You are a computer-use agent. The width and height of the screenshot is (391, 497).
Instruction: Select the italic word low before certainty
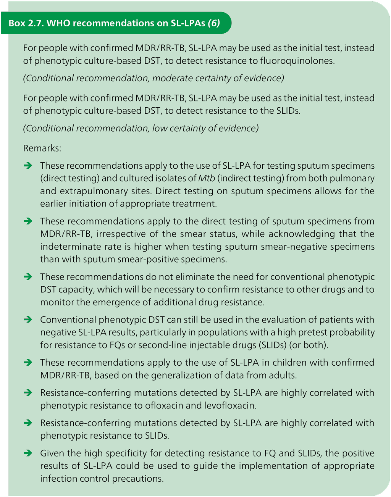(160, 128)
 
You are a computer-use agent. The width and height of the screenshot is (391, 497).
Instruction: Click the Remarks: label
(42, 148)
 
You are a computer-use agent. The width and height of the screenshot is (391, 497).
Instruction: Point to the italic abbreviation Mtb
(207, 178)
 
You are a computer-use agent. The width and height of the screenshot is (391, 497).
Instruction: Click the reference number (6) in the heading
(214, 23)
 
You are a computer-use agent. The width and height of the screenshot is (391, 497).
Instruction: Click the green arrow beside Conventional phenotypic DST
(28, 319)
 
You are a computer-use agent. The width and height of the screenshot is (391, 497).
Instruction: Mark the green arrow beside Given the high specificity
(28, 453)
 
